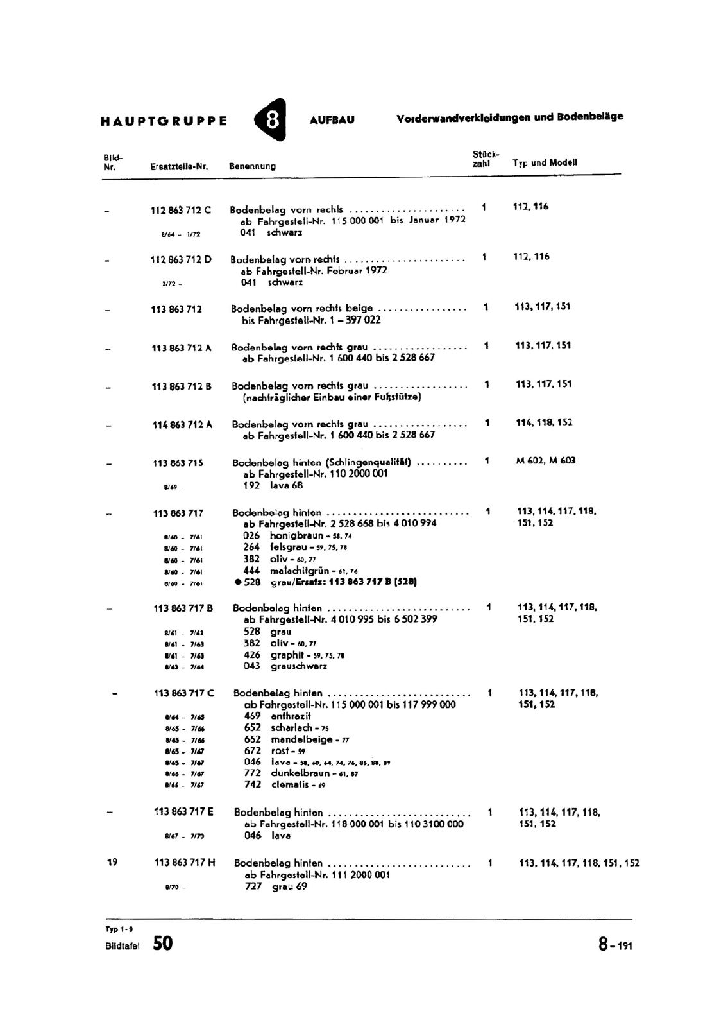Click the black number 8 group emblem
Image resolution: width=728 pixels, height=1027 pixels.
pos(271,120)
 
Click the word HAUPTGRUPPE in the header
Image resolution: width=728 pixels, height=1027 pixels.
pos(164,121)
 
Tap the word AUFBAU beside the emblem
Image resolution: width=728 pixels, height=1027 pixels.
pos(332,120)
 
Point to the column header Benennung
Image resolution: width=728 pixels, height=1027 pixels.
pos(253,166)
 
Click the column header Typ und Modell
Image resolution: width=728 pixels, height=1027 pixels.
pos(545,162)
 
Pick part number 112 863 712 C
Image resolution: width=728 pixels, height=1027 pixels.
pos(181,210)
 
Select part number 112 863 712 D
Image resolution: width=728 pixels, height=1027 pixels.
pos(181,259)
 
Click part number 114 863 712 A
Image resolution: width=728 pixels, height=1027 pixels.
pos(182,424)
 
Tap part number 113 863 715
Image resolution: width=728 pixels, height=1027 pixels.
pos(178,463)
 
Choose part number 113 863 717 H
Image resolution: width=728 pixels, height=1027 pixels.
pos(185,863)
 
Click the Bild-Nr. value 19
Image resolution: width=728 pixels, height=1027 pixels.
pos(112,862)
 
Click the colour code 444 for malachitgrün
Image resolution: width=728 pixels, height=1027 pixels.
pos(251,571)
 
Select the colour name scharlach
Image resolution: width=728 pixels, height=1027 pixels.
pos(291,728)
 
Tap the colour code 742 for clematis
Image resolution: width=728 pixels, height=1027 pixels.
pos(253,784)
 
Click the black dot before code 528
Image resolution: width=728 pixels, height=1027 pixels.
pos(238,582)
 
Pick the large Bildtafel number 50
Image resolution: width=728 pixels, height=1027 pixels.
pos(163,943)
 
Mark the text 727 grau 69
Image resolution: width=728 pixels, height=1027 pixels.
pos(276,886)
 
